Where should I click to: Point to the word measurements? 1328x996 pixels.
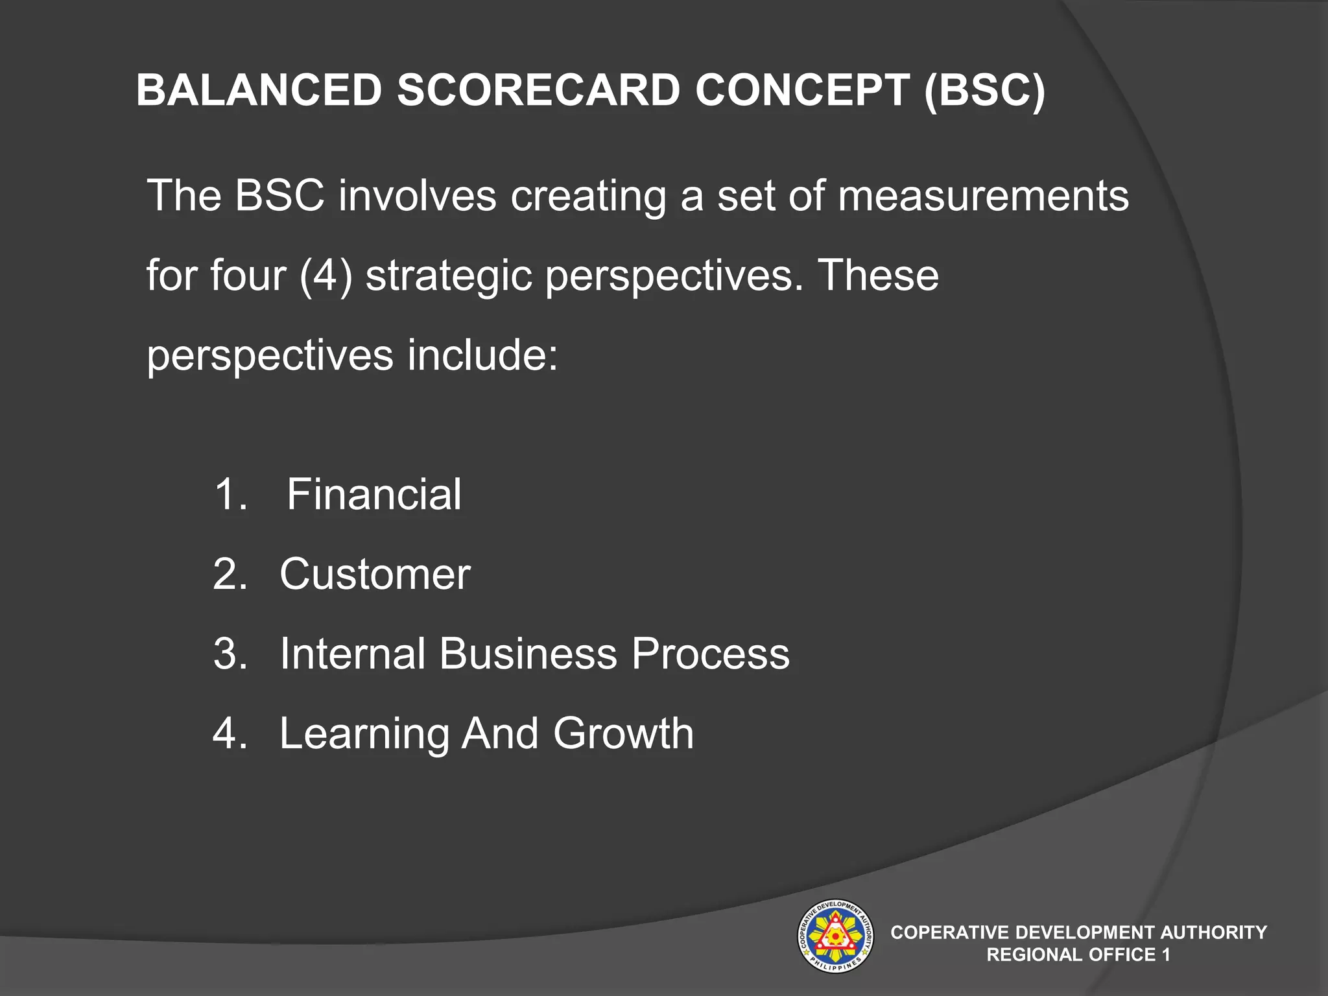[982, 196]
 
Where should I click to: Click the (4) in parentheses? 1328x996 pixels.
[326, 276]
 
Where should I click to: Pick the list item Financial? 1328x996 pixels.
[374, 495]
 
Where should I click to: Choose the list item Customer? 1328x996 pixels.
[375, 575]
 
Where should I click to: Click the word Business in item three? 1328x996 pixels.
[528, 654]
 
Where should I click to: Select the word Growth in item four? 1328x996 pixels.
[623, 734]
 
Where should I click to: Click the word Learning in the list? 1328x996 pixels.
[364, 734]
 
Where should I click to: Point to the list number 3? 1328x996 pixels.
[229, 654]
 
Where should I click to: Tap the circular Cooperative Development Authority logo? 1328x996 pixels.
[835, 936]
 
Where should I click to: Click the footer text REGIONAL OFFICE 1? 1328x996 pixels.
[1078, 955]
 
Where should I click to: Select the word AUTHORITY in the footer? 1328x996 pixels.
[1213, 932]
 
